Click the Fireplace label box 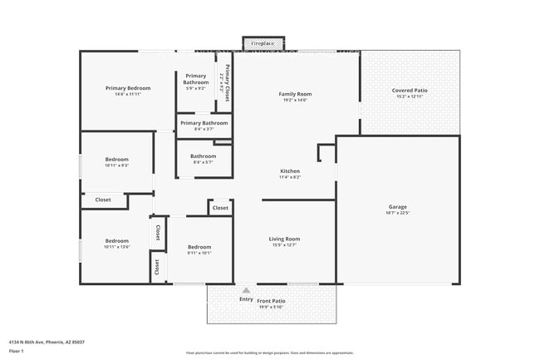[263, 42]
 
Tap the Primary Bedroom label [127, 88]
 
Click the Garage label [398, 207]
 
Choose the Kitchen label [289, 171]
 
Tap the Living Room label [285, 239]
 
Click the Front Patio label [271, 300]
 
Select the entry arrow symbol [246, 290]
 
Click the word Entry [246, 299]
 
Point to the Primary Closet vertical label [225, 82]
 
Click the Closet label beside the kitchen [220, 208]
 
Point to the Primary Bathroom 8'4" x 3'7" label [204, 124]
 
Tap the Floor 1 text [16, 352]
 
